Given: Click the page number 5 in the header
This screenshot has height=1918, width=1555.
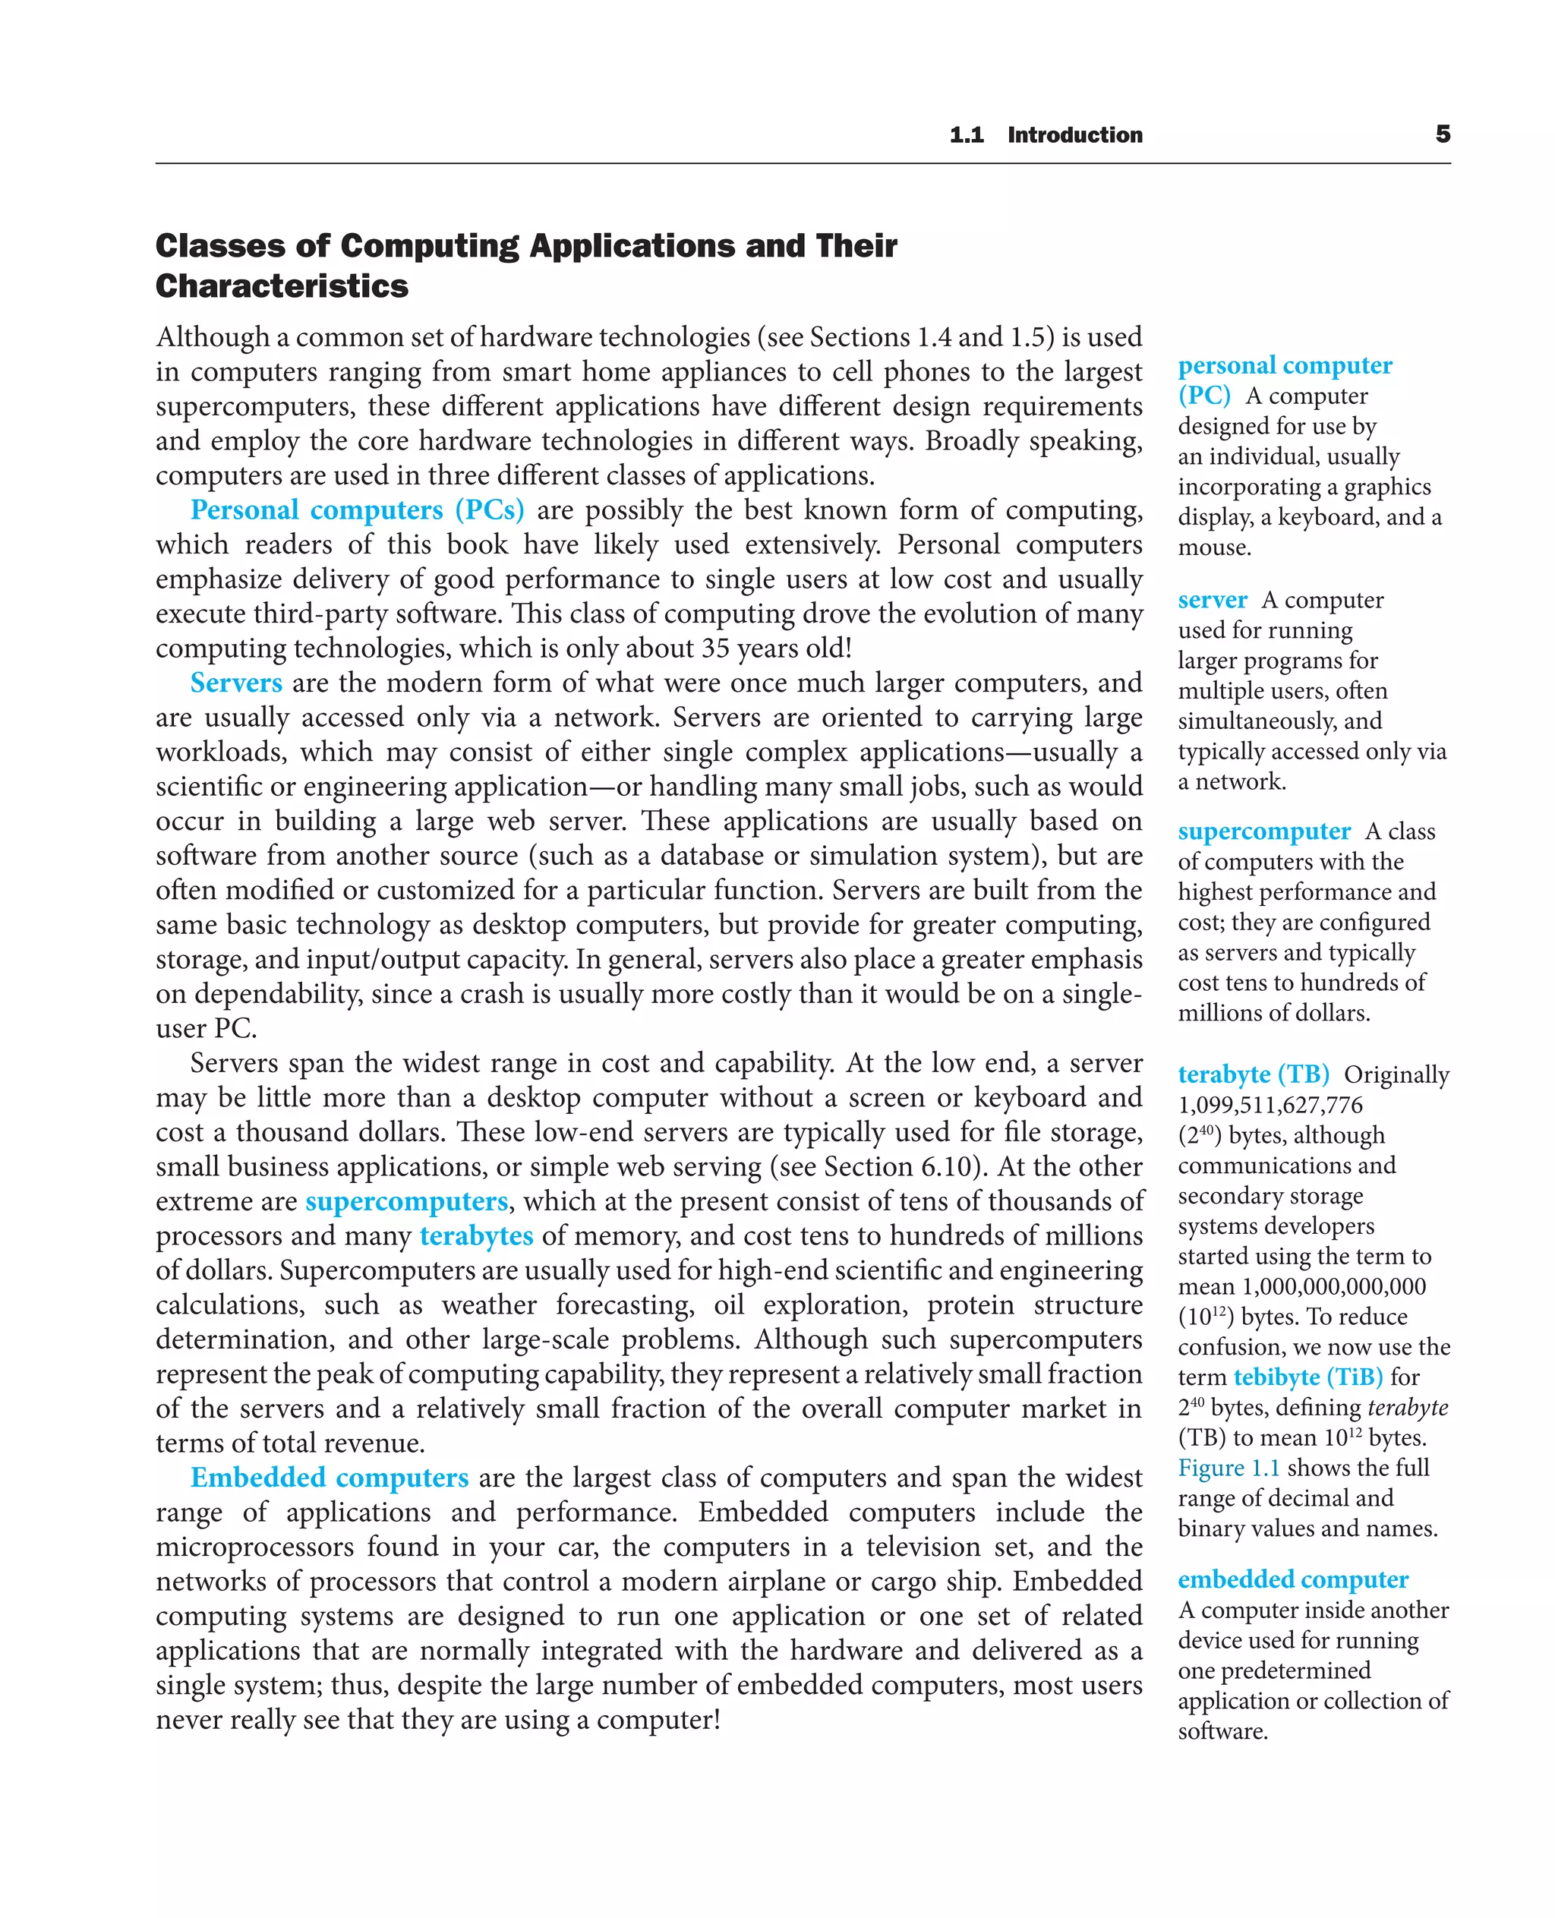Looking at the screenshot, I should coord(1442,134).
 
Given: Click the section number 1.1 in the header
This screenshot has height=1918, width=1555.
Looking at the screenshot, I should coord(967,135).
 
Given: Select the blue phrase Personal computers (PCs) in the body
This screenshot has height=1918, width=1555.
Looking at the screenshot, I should coord(357,509).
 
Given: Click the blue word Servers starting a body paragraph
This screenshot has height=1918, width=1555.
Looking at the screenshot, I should coord(235,683).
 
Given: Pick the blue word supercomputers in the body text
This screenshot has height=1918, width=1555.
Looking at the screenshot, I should coord(407,1200).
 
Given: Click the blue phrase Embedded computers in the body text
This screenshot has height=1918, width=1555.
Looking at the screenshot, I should coord(329,1478).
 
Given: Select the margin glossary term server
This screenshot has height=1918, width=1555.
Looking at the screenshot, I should coord(1212,599).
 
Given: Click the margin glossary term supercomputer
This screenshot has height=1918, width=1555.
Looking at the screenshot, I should coord(1263,831).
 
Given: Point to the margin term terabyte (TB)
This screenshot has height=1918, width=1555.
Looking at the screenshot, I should coord(1252,1074).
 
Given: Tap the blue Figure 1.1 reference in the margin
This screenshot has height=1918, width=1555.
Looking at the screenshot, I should coord(1228,1468).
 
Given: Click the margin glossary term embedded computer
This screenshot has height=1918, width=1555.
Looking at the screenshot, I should coord(1292,1579).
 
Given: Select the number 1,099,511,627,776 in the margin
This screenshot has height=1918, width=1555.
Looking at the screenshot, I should coord(1270,1105).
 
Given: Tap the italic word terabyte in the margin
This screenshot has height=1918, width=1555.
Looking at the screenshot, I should coord(1407,1408).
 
